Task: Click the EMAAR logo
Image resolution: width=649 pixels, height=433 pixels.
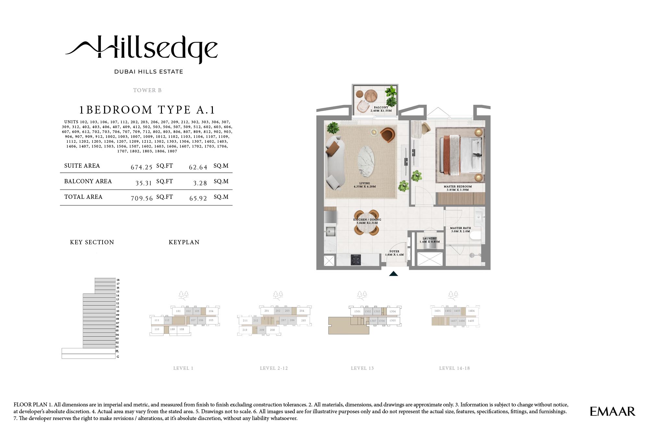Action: click(612, 412)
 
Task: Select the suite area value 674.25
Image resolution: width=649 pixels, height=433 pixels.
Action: click(141, 167)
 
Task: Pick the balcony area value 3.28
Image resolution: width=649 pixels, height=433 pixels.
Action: click(200, 183)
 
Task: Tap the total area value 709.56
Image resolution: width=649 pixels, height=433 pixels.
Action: click(141, 198)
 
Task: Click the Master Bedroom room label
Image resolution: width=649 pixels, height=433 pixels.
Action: click(458, 188)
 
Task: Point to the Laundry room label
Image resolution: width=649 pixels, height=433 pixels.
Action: click(430, 240)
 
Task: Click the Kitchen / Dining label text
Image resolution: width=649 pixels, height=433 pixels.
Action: click(367, 221)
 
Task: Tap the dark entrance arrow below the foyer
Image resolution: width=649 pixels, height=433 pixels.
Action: click(393, 274)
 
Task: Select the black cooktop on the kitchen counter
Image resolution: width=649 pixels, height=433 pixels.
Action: click(356, 259)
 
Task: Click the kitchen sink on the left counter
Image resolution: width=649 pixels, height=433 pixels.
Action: click(330, 231)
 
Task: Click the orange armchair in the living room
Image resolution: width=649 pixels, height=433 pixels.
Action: click(387, 135)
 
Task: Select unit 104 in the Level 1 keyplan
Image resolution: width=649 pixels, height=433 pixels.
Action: click(211, 311)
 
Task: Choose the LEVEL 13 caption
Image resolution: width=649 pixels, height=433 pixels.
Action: click(362, 368)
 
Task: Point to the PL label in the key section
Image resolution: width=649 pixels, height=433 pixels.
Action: click(117, 351)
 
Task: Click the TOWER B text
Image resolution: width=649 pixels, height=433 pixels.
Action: click(147, 90)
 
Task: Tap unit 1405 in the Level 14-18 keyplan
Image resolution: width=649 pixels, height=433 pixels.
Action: click(471, 321)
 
